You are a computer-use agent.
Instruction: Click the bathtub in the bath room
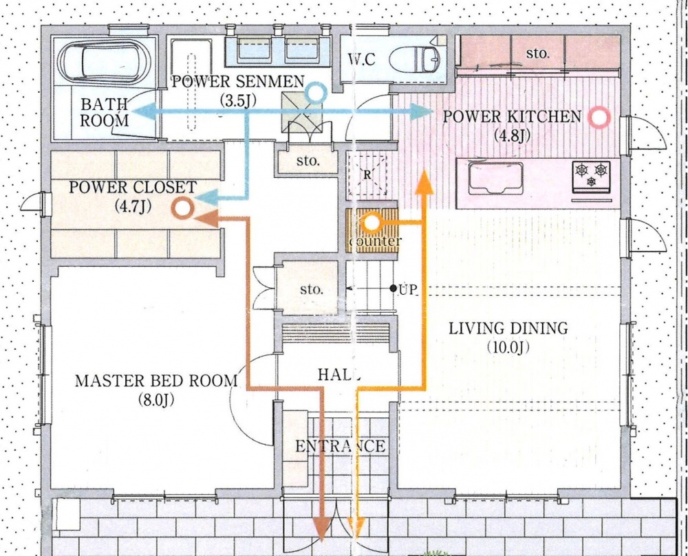click(x=104, y=61)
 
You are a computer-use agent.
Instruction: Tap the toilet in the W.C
click(x=415, y=58)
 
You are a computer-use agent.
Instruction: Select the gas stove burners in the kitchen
click(x=591, y=175)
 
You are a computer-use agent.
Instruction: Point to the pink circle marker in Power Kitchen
click(x=599, y=118)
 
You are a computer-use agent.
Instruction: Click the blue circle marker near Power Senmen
click(x=316, y=93)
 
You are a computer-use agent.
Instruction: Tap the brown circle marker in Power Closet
click(x=183, y=208)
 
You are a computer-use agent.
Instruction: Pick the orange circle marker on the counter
click(x=372, y=223)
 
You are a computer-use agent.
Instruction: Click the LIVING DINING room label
click(x=508, y=328)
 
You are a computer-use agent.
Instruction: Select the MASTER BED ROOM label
click(x=156, y=381)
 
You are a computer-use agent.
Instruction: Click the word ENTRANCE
click(x=341, y=446)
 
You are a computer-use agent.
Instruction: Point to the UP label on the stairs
click(x=407, y=289)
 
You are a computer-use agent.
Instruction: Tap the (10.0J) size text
click(x=508, y=348)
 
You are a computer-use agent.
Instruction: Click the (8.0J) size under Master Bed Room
click(x=155, y=400)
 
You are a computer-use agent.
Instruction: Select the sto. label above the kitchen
click(x=537, y=54)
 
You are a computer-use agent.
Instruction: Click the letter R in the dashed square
click(x=367, y=175)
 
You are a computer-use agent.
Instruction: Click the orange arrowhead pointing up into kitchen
click(x=424, y=183)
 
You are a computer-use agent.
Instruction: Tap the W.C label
click(x=362, y=59)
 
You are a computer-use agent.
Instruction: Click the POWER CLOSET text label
click(x=132, y=187)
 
